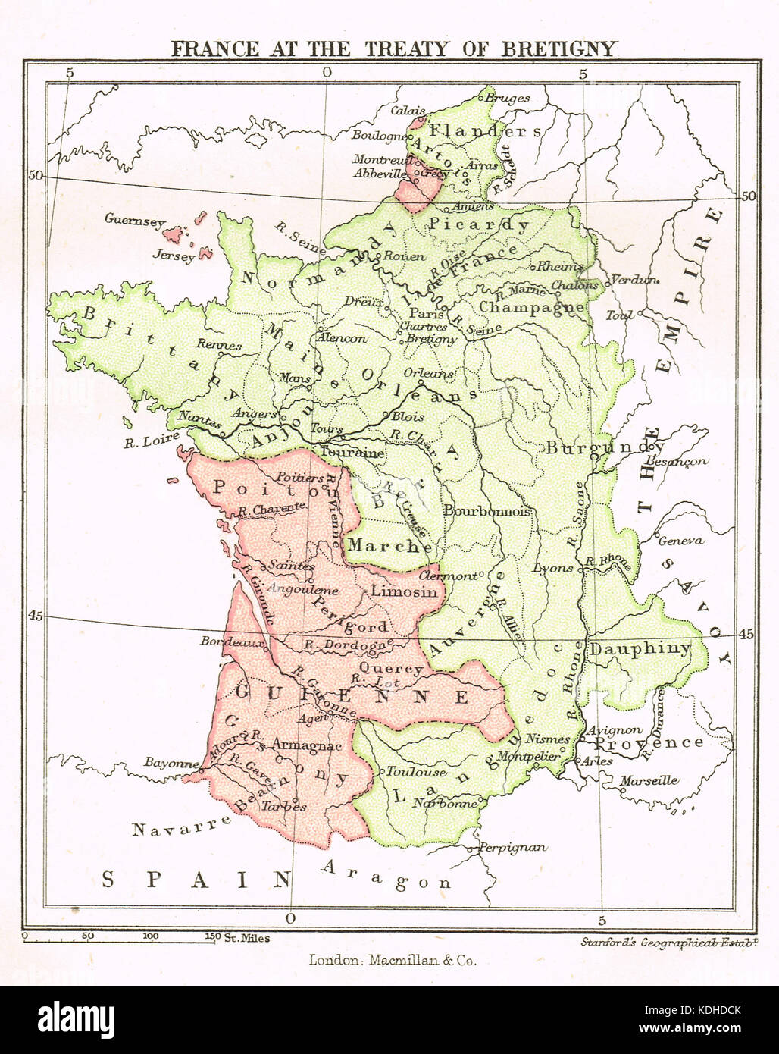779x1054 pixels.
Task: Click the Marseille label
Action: coord(649,780)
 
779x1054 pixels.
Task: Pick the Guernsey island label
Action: coord(134,221)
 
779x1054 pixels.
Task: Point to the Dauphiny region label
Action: coord(640,648)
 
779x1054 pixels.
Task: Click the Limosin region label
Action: coord(405,591)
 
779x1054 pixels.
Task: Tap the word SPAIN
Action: coord(197,880)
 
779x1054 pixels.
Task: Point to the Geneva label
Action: coord(680,541)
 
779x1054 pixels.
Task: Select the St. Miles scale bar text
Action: coord(247,938)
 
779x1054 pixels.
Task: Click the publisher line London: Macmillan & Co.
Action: coord(393,960)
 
